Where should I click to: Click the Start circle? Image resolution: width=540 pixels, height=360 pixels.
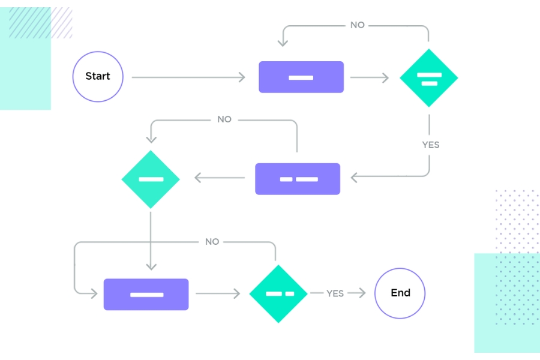point(98,77)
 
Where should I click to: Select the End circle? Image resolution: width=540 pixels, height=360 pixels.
point(400,293)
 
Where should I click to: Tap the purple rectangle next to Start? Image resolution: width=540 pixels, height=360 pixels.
point(301,77)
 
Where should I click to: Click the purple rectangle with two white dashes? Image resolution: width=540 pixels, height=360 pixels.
point(298,179)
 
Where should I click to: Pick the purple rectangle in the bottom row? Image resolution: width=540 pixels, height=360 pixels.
point(146,294)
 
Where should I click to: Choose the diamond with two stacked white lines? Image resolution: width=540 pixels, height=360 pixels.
point(429,78)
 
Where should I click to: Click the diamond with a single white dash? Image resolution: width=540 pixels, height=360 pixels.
point(151,179)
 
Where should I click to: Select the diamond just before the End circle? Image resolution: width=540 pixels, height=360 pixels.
point(278,293)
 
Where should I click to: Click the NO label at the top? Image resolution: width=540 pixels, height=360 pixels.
point(358,25)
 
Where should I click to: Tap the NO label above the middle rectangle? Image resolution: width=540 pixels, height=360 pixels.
point(224,119)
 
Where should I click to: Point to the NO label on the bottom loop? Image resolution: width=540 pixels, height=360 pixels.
point(212,242)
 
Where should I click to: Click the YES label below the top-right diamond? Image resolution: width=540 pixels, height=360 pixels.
point(430,145)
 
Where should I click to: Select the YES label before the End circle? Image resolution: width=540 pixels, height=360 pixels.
point(335,293)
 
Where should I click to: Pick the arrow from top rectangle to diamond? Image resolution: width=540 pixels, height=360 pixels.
point(369,77)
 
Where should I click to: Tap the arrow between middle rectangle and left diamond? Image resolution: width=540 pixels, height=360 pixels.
point(220,178)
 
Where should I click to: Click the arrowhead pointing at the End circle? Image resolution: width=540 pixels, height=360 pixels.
point(362,293)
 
